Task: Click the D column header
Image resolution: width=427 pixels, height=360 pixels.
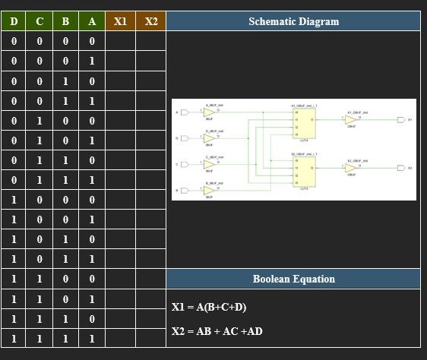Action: (14, 21)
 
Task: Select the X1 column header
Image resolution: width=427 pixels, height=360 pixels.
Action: (120, 21)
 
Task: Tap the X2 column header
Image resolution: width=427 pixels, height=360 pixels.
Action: (151, 21)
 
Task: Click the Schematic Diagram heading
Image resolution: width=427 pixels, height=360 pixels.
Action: (293, 21)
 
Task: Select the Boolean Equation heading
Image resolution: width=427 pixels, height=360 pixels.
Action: (293, 279)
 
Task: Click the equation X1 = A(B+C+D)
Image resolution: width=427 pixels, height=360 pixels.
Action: (209, 307)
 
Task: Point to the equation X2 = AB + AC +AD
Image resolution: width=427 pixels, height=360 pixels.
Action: (217, 331)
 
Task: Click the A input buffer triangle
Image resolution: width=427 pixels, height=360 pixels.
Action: (208, 113)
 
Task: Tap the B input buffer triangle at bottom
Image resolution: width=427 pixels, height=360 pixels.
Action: (208, 190)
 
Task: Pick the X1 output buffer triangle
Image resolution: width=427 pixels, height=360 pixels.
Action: (350, 119)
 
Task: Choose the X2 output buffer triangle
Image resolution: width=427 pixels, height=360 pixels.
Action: (350, 168)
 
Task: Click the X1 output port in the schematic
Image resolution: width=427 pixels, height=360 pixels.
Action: (400, 119)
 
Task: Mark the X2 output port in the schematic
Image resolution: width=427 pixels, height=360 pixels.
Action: (400, 168)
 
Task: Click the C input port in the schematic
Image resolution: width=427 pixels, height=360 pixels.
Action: (185, 164)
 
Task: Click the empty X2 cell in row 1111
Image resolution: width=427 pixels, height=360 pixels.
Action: (151, 339)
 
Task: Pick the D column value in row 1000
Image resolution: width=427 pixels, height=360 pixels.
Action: (14, 200)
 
